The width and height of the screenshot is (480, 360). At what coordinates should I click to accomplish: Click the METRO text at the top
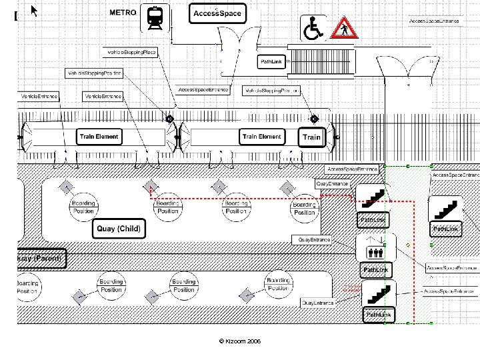click(123, 12)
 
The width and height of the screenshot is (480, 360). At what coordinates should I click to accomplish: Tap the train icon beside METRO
click(155, 18)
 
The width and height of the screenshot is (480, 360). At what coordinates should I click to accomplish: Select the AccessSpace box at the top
click(217, 13)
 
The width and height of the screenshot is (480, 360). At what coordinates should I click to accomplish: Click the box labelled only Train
click(312, 137)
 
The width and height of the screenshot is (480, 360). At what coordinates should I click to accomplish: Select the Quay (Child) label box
click(119, 229)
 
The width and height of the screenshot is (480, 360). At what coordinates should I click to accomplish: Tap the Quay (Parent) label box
click(40, 259)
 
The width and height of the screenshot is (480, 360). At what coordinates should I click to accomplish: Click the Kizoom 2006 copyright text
click(239, 341)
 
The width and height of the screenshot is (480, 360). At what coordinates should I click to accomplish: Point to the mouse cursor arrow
click(34, 10)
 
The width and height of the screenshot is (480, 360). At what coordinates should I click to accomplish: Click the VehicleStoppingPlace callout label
click(131, 52)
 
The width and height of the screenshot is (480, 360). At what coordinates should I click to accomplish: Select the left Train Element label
click(99, 137)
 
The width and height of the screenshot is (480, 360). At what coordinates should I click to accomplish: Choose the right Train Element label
click(261, 137)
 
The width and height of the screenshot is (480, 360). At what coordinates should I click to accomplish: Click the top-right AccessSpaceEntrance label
click(434, 21)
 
